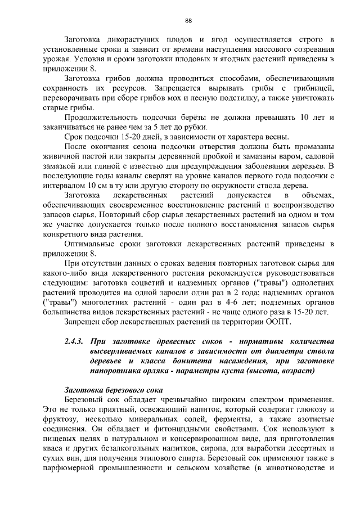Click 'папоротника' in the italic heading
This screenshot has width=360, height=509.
[115, 371]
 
